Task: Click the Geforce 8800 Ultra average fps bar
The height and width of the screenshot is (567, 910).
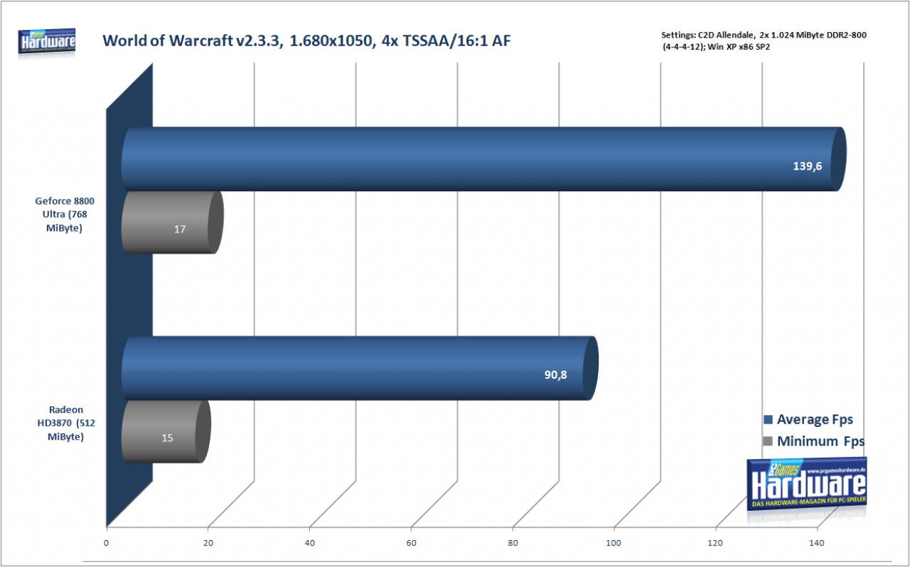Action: click(x=483, y=159)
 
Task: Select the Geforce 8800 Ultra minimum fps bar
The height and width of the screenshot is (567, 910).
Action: click(x=172, y=222)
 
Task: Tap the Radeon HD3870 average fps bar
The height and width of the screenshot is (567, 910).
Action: click(x=360, y=368)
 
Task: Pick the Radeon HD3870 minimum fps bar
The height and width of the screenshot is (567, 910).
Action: click(x=166, y=431)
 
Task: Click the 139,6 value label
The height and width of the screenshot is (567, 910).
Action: click(x=807, y=166)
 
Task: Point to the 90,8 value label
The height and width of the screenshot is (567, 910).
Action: click(x=555, y=374)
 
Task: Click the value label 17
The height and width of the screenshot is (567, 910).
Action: click(x=180, y=229)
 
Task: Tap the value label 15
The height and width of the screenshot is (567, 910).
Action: click(x=167, y=438)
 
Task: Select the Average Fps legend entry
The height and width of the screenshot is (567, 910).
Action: click(x=808, y=419)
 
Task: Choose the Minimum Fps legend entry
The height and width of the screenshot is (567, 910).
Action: click(x=814, y=441)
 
